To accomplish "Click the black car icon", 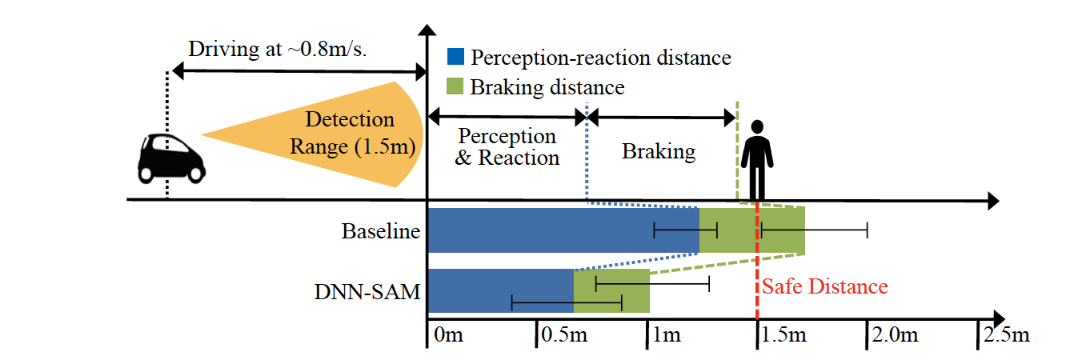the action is (171, 158).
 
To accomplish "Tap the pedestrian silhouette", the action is (757, 160).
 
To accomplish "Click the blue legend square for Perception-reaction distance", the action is (455, 56).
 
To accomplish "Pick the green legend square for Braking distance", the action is (455, 86).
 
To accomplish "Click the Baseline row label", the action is (381, 231).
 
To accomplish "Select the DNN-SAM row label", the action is (367, 291).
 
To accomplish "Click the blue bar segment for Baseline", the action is (563, 230).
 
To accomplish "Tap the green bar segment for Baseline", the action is (751, 230).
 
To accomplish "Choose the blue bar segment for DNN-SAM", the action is (500, 291).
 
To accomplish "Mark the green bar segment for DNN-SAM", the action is (611, 291).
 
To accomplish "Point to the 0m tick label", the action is (449, 334).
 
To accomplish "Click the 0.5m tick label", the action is (564, 334).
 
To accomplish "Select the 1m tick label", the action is (667, 334).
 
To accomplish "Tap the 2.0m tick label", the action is (896, 334).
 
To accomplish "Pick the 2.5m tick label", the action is (1007, 334).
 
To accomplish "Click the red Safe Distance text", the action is (825, 286).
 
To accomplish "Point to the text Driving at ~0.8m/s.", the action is (278, 49).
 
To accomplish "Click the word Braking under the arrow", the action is (659, 152).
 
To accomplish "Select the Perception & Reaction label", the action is (507, 146).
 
